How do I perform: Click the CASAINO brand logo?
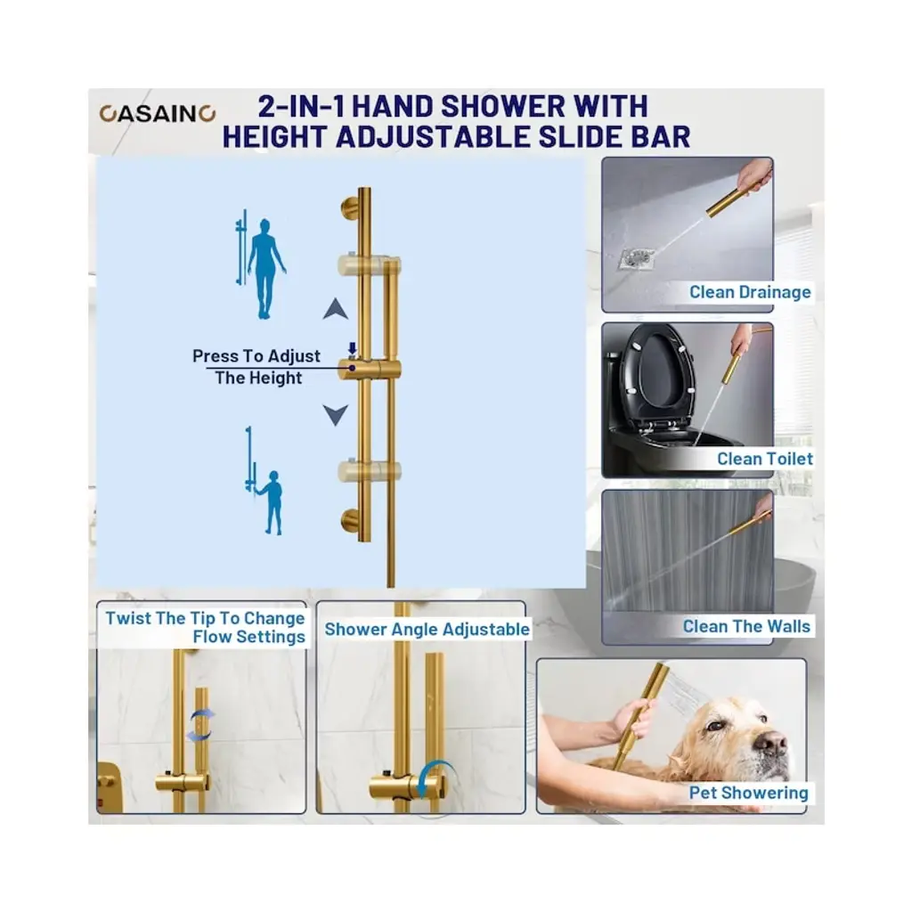pyautogui.click(x=158, y=113)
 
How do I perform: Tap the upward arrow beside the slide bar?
pyautogui.click(x=336, y=309)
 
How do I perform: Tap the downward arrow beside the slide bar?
pyautogui.click(x=336, y=415)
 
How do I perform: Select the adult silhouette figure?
pyautogui.click(x=265, y=269)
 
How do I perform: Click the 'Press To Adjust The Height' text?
pyautogui.click(x=256, y=367)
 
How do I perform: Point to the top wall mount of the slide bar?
pyautogui.click(x=350, y=208)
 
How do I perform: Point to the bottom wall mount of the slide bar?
pyautogui.click(x=350, y=520)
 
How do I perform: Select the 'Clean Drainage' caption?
pyautogui.click(x=750, y=292)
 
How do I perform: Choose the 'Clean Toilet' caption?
pyautogui.click(x=765, y=459)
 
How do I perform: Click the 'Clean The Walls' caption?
pyautogui.click(x=746, y=626)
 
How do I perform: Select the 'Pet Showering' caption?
pyautogui.click(x=748, y=793)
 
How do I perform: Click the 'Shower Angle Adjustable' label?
pyautogui.click(x=427, y=630)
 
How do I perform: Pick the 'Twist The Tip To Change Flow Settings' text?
pyautogui.click(x=206, y=627)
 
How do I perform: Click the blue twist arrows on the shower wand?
pyautogui.click(x=200, y=726)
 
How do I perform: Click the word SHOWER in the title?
pyautogui.click(x=502, y=107)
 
